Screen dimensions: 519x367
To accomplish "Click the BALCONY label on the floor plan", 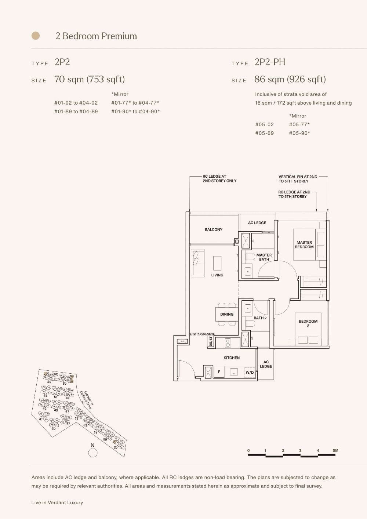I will click(214, 230).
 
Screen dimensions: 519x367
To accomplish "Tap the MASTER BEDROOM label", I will click(304, 245).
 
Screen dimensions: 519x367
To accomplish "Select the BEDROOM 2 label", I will click(308, 323).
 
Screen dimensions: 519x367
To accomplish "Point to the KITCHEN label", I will click(232, 358).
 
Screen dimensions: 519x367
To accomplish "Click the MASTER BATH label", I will click(264, 257).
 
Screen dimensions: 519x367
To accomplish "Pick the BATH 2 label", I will click(260, 318).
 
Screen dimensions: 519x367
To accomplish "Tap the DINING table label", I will click(227, 314).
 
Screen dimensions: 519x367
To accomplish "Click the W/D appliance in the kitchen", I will click(250, 373).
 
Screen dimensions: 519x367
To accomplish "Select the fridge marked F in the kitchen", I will click(219, 372).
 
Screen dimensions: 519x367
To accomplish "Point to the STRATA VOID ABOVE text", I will click(202, 334).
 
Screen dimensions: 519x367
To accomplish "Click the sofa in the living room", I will click(197, 262).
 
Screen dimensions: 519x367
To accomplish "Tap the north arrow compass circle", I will click(93, 453).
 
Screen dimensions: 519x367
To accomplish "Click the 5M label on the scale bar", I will click(335, 450).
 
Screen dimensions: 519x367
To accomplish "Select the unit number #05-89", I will click(264, 133).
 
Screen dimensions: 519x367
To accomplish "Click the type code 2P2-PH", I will click(270, 62).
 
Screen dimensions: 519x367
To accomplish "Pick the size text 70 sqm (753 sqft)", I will click(90, 79).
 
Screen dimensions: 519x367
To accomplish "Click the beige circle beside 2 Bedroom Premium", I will click(36, 36).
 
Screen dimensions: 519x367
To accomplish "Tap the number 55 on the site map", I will click(49, 382).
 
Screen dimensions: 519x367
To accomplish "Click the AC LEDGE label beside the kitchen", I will click(266, 364).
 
